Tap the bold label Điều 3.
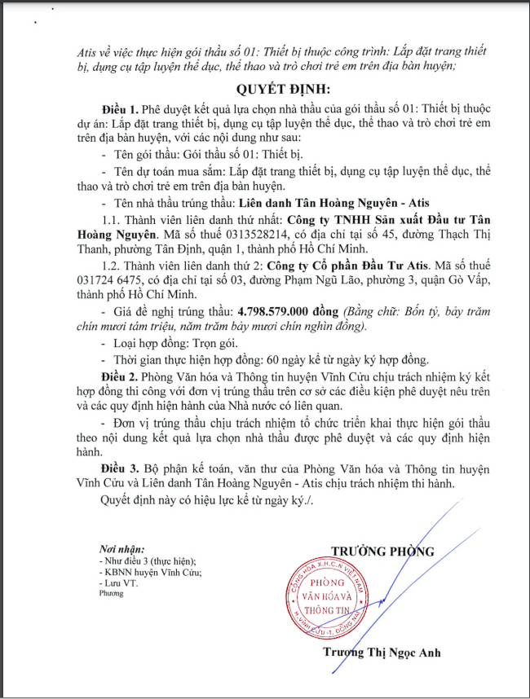point(119,470)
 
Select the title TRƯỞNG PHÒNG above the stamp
point(382,552)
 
